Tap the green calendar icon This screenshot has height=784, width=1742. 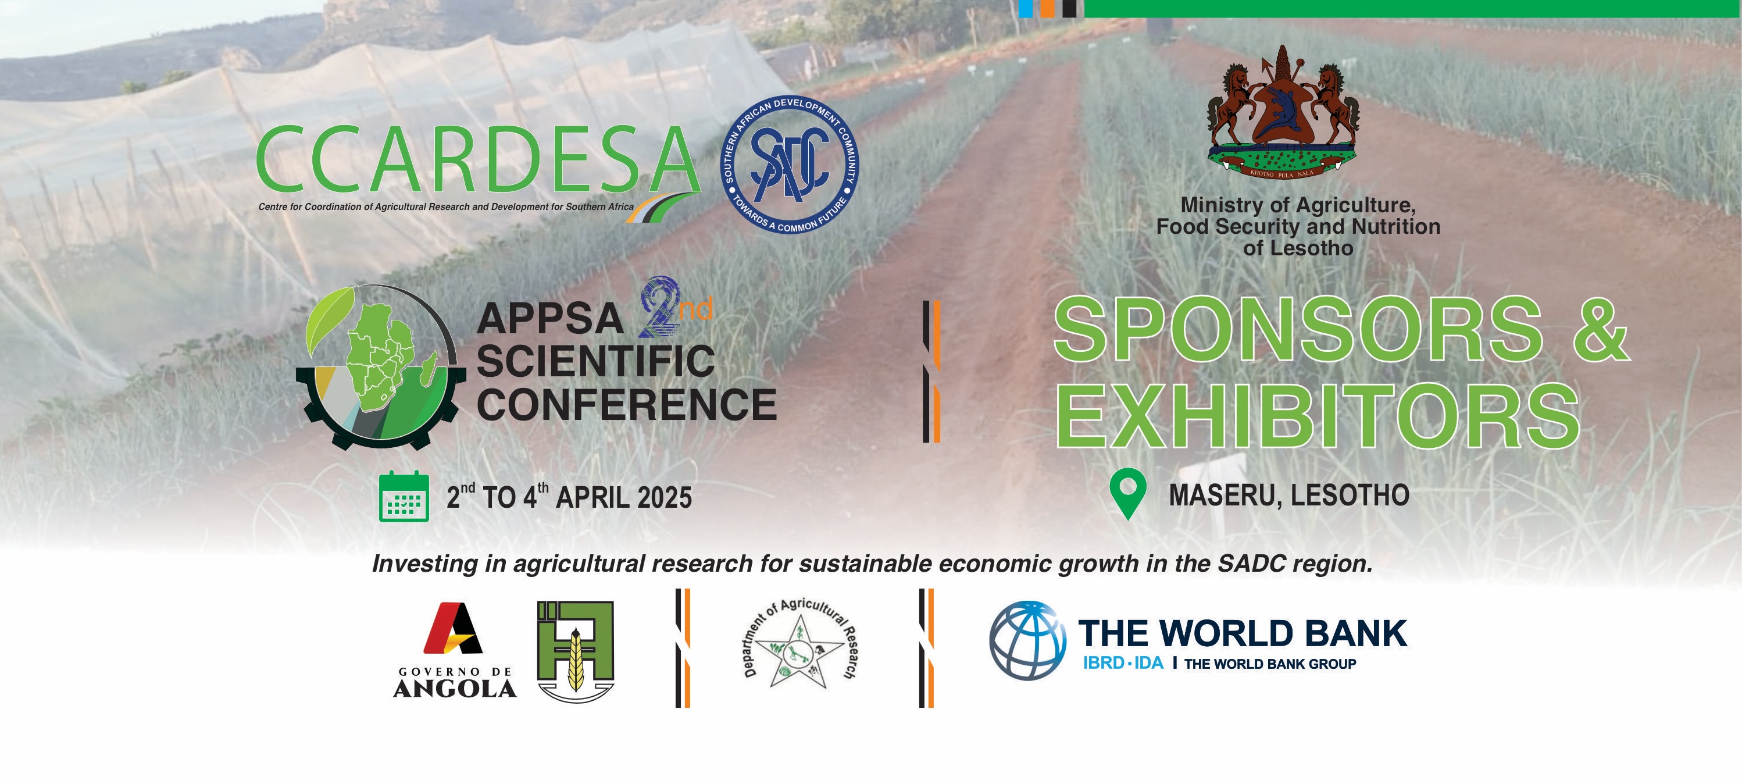click(404, 496)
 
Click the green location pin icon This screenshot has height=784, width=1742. click(1128, 494)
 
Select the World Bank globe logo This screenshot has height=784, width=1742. click(1028, 640)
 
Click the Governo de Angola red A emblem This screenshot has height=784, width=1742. click(453, 628)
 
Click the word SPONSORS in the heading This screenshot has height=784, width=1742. click(1298, 330)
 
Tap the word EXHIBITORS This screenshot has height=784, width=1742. click(1318, 415)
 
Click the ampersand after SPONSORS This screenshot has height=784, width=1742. click(1601, 330)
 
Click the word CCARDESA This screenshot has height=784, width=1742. click(477, 159)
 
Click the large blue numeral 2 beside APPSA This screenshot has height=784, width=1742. click(659, 307)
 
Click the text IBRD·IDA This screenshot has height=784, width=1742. click(1123, 664)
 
